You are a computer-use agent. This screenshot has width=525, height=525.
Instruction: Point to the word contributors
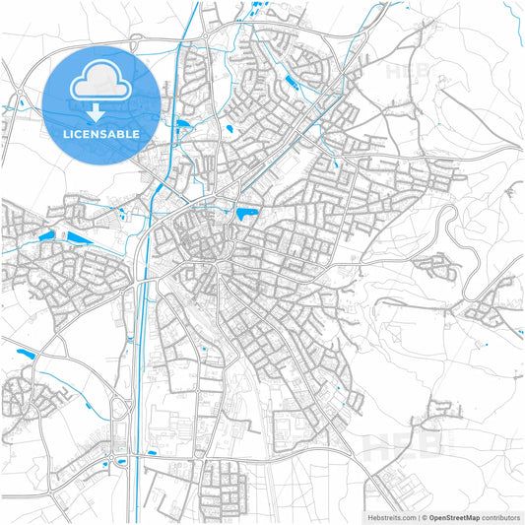(502, 516)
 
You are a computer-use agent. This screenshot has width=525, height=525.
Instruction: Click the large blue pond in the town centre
(244, 213)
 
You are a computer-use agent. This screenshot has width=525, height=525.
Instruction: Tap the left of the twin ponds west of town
(45, 235)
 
